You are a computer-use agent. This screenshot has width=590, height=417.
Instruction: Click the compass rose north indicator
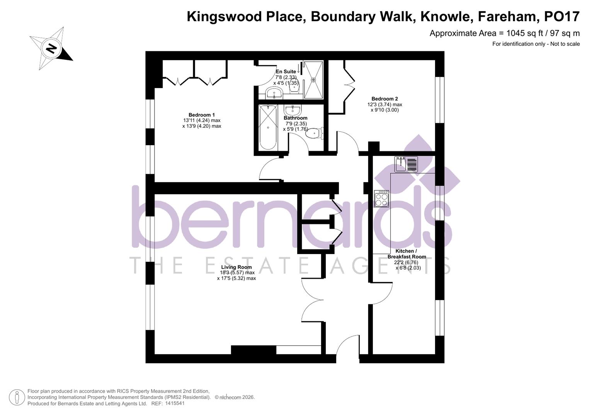point(51,49)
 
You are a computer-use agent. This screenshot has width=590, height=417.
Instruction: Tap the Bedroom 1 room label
point(202,115)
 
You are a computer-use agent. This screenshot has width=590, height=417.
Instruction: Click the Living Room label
point(236,267)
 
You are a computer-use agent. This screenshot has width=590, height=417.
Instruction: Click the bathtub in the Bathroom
point(268,127)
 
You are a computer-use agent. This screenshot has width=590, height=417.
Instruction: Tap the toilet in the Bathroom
point(314,134)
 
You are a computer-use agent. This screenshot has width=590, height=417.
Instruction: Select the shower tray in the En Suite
point(313,80)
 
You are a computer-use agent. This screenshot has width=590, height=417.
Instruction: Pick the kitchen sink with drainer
point(406,164)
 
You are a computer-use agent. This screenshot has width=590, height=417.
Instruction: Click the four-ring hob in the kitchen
point(381,199)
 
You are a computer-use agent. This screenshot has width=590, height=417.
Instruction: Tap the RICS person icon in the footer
point(17,397)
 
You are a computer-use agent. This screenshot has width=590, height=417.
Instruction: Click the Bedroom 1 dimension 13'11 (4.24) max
point(202,120)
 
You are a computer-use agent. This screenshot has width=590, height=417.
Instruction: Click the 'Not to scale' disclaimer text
point(565,44)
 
